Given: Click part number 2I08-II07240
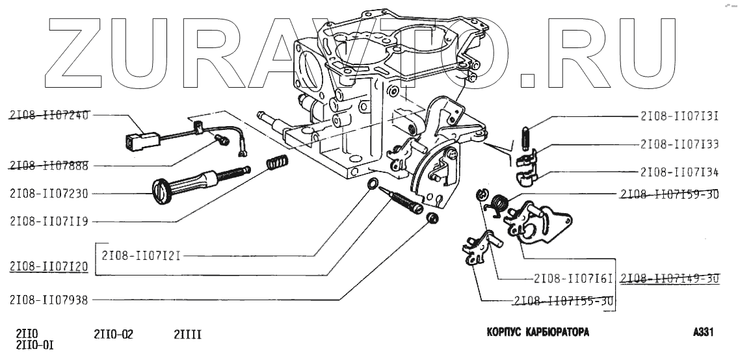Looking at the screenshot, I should tap(49, 115).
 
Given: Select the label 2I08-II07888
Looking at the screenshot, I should tap(49, 166).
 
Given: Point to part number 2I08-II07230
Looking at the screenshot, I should tap(49, 193).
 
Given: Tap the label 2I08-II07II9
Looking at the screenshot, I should tap(49, 221).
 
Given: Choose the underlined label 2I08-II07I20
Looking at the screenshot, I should tap(49, 266).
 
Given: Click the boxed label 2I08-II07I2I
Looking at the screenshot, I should tap(140, 256).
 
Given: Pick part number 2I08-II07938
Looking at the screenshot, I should tap(49, 300).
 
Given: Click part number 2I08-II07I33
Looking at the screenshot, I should tap(679, 144).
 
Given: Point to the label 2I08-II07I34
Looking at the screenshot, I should tap(679, 172).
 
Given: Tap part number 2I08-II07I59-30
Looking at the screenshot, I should tap(669, 194).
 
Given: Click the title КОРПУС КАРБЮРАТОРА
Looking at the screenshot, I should tap(538, 332).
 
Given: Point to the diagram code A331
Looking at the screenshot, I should tap(704, 332).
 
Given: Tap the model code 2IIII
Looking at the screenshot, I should tap(187, 335).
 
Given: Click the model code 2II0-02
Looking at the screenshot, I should tap(114, 335).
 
